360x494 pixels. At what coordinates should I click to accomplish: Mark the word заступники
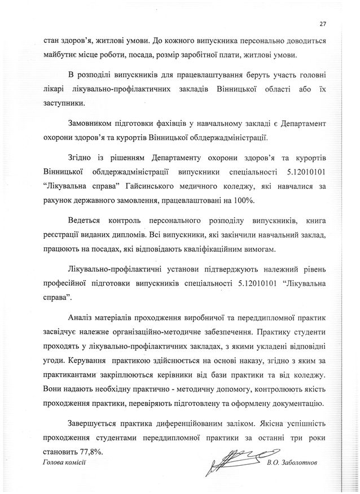tap(62, 103)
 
